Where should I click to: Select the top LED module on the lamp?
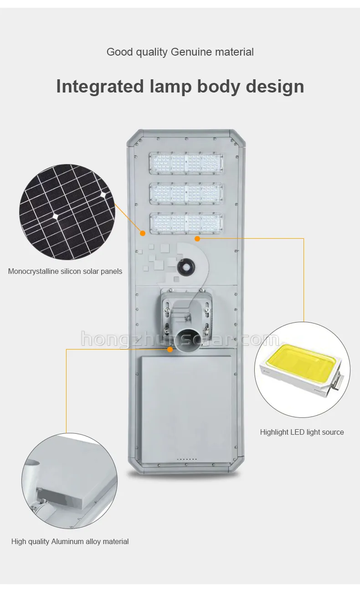(x=186, y=164)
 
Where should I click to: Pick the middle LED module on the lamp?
(x=186, y=194)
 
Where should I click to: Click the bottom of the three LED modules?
(x=186, y=223)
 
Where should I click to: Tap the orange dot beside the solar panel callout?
(x=143, y=233)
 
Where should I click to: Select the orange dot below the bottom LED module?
(x=197, y=238)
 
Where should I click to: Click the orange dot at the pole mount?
(x=170, y=349)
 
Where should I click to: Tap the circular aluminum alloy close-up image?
(x=69, y=481)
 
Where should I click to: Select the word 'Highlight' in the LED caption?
(x=274, y=432)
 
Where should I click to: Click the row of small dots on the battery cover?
(x=187, y=459)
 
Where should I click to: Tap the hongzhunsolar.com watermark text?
(x=180, y=340)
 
